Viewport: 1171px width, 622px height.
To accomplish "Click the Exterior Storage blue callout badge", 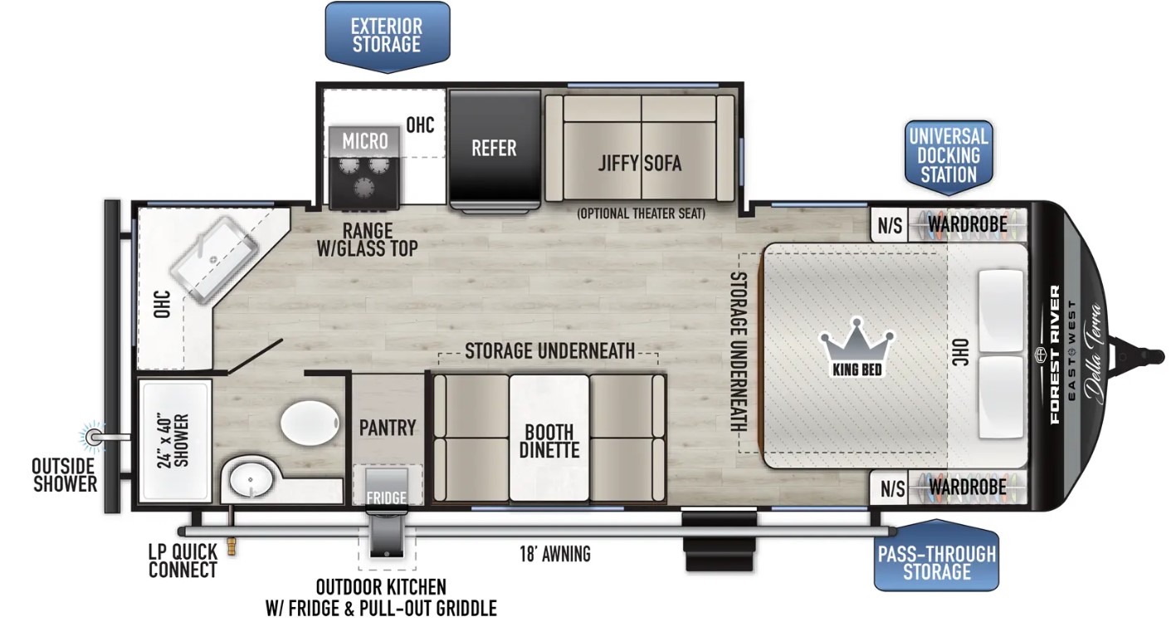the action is (x=388, y=37).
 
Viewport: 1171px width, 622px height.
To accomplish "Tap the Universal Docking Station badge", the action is (x=949, y=157).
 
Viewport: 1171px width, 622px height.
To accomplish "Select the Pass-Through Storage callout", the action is (x=937, y=556).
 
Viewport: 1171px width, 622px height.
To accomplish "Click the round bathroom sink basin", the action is (x=251, y=479).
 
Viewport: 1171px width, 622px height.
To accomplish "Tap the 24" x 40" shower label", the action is (x=173, y=440).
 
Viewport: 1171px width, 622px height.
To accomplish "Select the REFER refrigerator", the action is (x=494, y=149).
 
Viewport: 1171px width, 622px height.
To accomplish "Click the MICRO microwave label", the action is (x=365, y=140).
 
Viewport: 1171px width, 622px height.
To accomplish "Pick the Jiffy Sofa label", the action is (x=640, y=164).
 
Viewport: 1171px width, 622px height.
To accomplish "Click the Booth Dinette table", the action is (x=549, y=438).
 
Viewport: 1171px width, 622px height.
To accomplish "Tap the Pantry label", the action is (x=388, y=428).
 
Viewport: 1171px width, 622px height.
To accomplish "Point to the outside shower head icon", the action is (x=94, y=436).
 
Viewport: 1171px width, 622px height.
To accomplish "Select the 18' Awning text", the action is (x=555, y=553).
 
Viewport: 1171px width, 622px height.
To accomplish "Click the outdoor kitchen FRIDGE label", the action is (x=387, y=498).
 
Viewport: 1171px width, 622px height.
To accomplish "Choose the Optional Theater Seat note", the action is (x=641, y=213).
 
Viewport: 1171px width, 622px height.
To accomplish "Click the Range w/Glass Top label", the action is (x=368, y=240).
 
